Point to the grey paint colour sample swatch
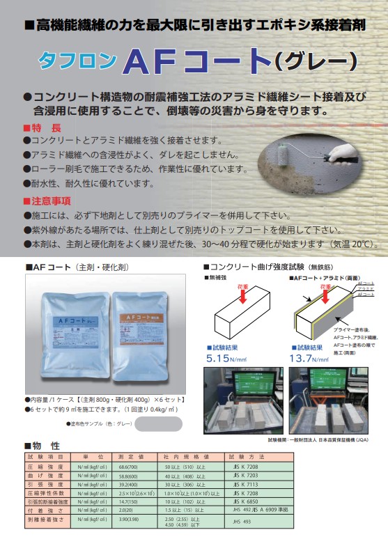point(151,423)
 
